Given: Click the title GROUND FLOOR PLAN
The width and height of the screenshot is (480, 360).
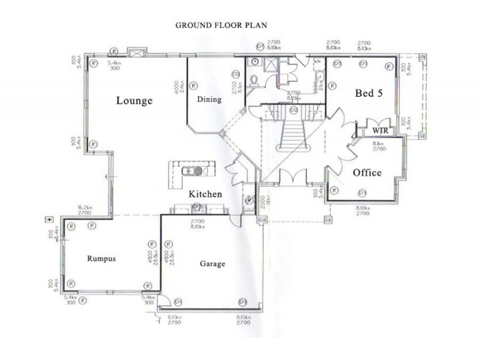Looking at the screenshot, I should [221, 26].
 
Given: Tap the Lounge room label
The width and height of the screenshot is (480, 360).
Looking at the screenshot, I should [134, 101].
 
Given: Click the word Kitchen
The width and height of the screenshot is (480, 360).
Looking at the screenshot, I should [205, 194].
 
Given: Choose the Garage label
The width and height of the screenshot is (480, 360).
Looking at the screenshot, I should [212, 264].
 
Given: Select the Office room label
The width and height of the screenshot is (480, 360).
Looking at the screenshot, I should [367, 172].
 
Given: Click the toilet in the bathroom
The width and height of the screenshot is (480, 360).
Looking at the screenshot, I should [254, 80].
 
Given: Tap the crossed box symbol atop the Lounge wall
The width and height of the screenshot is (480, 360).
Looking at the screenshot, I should [136, 53].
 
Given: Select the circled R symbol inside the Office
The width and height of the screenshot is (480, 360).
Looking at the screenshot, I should [362, 192].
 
